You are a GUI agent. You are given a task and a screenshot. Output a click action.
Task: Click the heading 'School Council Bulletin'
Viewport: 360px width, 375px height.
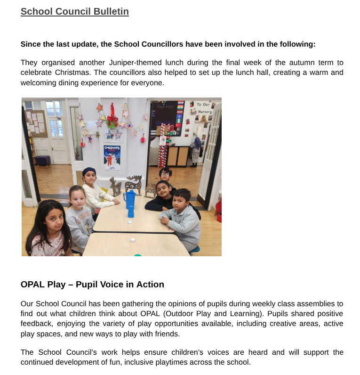click(74, 11)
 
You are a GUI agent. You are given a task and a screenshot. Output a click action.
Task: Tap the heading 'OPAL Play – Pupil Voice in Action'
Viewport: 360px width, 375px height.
click(92, 285)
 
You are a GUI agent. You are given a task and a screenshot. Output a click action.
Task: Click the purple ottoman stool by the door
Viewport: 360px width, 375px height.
click(43, 160)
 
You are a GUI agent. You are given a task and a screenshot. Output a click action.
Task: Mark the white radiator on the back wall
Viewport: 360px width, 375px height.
click(154, 155)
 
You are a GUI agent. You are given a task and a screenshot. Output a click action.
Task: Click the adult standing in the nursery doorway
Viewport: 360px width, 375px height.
click(196, 150)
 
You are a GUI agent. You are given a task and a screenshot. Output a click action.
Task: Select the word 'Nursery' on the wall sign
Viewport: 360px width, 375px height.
click(205, 112)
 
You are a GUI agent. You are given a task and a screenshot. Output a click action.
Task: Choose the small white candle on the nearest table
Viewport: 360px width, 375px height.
click(132, 240)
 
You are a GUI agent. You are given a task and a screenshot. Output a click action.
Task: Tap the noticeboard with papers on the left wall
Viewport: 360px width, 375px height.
click(36, 123)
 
